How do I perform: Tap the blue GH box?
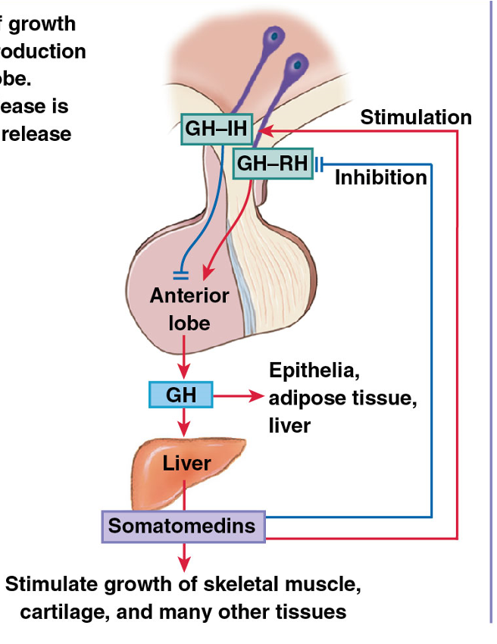(x=181, y=395)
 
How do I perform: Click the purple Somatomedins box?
(x=183, y=526)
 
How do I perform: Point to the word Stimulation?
(x=415, y=117)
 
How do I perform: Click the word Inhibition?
(x=381, y=177)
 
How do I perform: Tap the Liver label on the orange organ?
(x=186, y=462)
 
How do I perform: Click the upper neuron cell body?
(x=270, y=37)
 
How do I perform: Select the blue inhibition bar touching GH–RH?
(x=320, y=163)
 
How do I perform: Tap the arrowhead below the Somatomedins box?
(x=183, y=564)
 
